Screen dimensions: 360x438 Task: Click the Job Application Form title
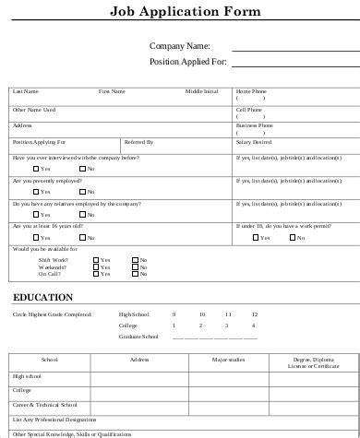(x=185, y=12)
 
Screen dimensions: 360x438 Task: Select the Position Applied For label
(x=187, y=62)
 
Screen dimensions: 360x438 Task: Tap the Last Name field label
(x=25, y=91)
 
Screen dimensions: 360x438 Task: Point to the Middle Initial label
(x=202, y=91)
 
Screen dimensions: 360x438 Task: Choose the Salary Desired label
(x=254, y=142)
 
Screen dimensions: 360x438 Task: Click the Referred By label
(x=138, y=142)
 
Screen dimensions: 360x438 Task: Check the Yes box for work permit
(x=255, y=237)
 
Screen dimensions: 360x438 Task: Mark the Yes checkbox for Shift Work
(x=95, y=259)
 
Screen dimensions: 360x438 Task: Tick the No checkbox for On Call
(x=135, y=274)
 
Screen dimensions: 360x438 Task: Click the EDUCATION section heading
(x=42, y=298)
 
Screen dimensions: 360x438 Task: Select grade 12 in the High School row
(x=254, y=314)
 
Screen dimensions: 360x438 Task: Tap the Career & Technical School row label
(x=44, y=405)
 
